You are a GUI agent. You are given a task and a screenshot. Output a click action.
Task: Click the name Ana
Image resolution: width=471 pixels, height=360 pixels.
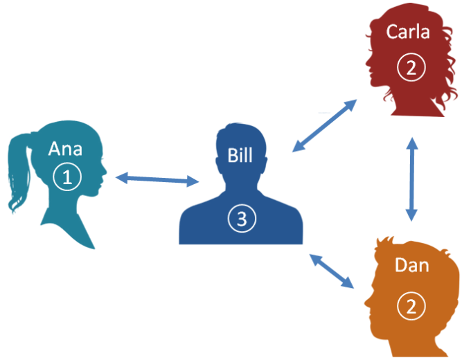(66, 148)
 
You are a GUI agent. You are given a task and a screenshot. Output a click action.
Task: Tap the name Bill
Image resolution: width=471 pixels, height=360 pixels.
(240, 154)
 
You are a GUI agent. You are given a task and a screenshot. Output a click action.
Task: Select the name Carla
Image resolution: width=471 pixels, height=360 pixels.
(408, 32)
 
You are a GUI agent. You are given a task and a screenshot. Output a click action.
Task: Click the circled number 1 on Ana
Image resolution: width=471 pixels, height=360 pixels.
(67, 178)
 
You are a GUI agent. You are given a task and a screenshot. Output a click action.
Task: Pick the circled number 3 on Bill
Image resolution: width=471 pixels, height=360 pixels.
(241, 219)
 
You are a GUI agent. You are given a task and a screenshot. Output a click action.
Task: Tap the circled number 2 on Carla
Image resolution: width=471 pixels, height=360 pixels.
(411, 67)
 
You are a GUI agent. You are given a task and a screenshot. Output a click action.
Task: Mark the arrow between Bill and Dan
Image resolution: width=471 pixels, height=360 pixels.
(331, 271)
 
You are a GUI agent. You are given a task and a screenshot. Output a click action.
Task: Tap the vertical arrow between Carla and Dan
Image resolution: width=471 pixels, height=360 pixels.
(412, 179)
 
